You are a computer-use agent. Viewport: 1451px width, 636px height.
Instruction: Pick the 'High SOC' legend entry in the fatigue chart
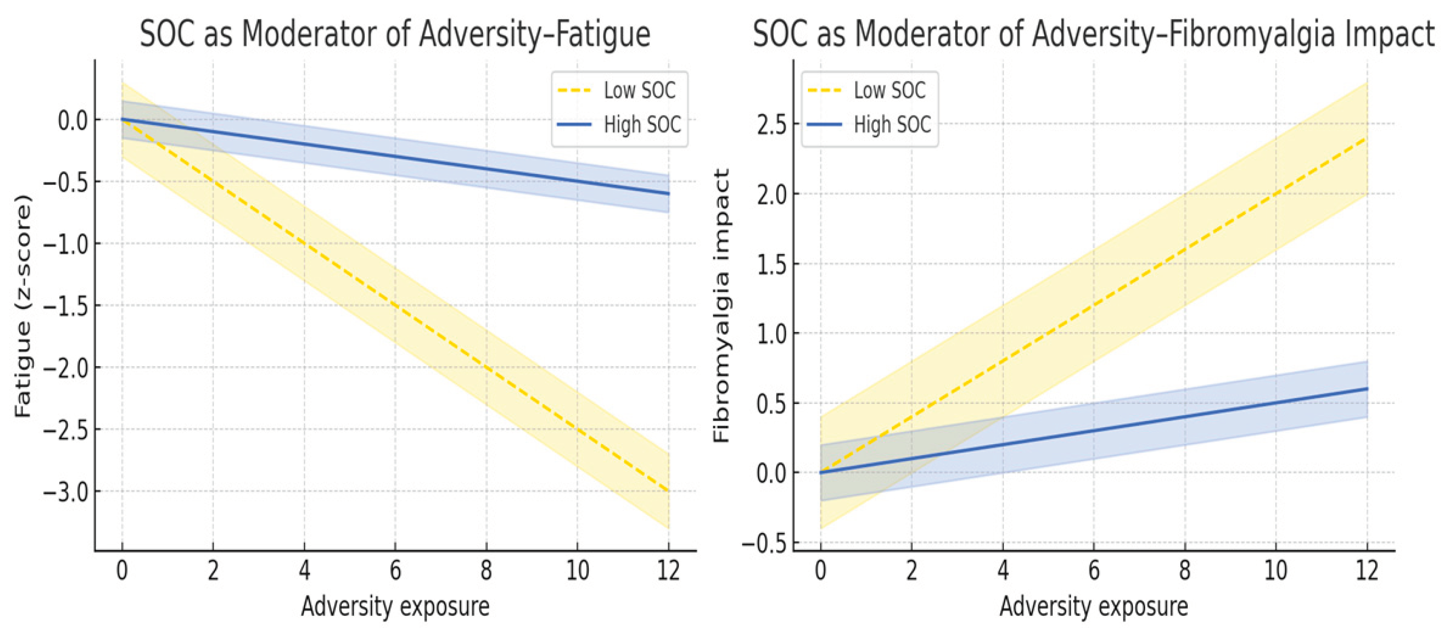(619, 125)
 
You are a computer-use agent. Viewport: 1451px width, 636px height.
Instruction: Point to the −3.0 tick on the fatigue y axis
(66, 492)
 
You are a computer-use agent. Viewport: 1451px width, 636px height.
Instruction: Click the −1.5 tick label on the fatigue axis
(66, 306)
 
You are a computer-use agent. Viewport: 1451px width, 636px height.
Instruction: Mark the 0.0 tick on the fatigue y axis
(73, 120)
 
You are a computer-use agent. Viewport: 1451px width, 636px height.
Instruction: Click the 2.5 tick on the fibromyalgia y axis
(772, 125)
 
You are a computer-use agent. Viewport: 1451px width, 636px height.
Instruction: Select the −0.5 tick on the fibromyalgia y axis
(764, 544)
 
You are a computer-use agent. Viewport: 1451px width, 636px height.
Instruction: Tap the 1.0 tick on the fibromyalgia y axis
(772, 334)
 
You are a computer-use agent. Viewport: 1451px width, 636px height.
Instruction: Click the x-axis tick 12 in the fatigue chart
(669, 571)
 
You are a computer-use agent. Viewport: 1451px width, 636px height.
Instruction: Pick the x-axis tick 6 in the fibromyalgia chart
(1094, 571)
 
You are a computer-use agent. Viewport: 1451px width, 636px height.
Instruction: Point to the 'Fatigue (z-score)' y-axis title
(23, 306)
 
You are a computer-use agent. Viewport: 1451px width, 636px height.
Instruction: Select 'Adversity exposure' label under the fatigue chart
(395, 607)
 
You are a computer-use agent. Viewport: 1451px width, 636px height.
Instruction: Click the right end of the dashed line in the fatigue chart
(669, 491)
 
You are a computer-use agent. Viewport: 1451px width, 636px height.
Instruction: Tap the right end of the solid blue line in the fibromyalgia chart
(1367, 389)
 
